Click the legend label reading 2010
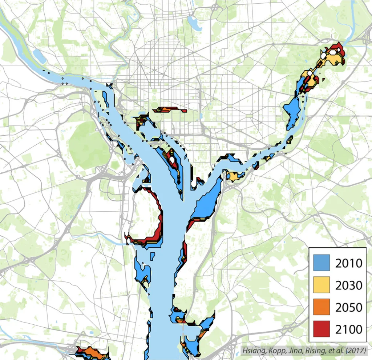coord(349,263)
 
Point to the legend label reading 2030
coord(349,285)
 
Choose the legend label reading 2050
coord(349,307)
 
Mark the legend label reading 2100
coord(349,329)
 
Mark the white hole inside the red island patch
coord(171,159)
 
